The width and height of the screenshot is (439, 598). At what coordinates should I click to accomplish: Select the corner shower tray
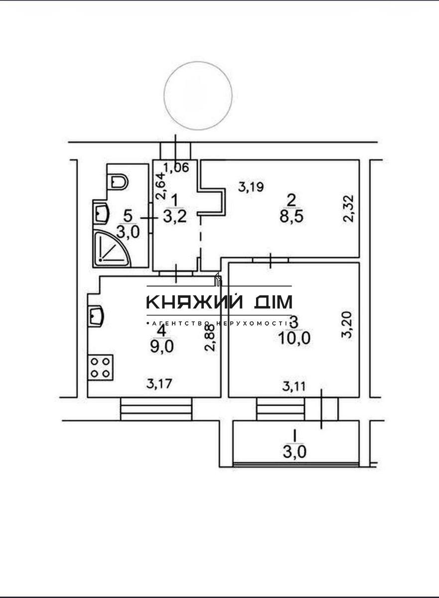pyautogui.click(x=112, y=249)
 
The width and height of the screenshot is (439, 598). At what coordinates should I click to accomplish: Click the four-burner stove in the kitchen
pyautogui.click(x=100, y=368)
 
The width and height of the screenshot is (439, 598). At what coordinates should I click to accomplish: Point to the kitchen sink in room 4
pyautogui.click(x=95, y=316)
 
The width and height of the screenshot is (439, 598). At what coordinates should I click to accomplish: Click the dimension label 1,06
pyautogui.click(x=176, y=167)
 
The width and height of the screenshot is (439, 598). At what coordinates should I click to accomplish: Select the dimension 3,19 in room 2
pyautogui.click(x=251, y=187)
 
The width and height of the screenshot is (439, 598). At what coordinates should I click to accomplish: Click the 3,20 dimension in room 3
pyautogui.click(x=347, y=325)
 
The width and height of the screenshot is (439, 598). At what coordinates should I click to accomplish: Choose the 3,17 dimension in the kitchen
pyautogui.click(x=159, y=384)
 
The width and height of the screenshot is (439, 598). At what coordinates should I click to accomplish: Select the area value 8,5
pyautogui.click(x=292, y=217)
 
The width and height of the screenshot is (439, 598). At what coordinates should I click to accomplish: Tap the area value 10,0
pyautogui.click(x=294, y=338)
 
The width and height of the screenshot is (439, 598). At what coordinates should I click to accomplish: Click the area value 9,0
pyautogui.click(x=162, y=347)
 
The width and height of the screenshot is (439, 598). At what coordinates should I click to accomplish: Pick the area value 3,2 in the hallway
pyautogui.click(x=174, y=217)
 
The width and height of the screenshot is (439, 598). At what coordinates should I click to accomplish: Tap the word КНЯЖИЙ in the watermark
pyautogui.click(x=194, y=301)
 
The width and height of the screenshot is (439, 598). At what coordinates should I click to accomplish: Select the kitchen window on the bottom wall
pyautogui.click(x=156, y=409)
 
